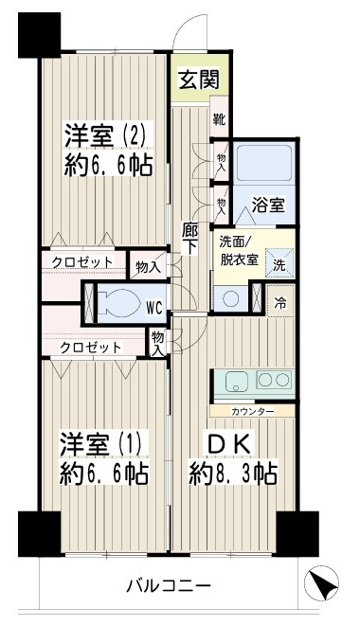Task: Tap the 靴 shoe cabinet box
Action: pos(219,119)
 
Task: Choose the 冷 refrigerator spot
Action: pos(280,305)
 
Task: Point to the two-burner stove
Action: pos(275,383)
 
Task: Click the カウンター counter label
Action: pos(251,412)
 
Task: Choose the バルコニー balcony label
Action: pos(169,584)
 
